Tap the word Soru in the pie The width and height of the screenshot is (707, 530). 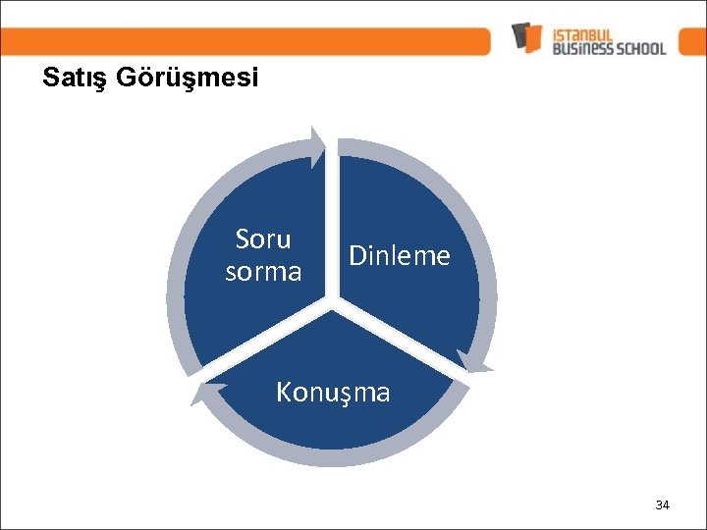[263, 239]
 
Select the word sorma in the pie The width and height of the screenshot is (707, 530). [263, 271]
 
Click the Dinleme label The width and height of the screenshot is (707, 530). [400, 256]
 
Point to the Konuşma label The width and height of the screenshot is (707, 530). [333, 393]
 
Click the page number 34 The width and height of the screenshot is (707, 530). [662, 505]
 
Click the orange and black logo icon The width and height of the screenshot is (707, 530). [527, 37]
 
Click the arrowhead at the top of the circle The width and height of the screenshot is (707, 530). [316, 144]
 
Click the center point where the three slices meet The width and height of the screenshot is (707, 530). [332, 305]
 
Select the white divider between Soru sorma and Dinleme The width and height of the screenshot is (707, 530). [332, 226]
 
